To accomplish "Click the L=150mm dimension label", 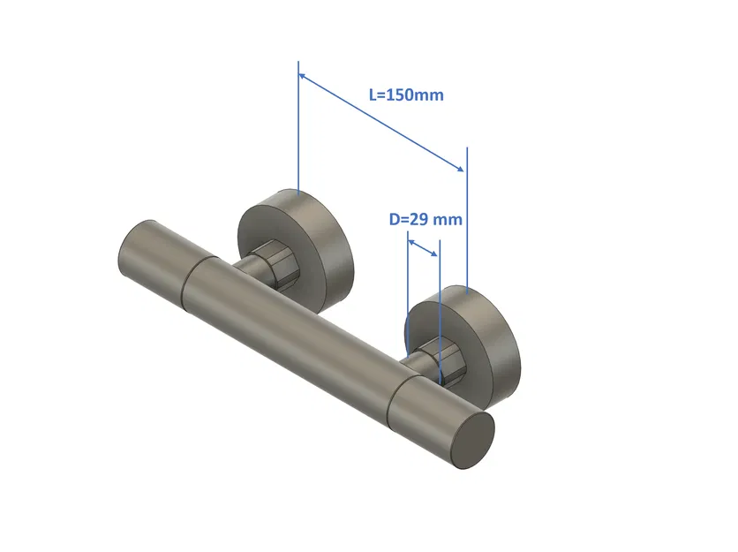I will (x=406, y=95).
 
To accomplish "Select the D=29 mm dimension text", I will (x=425, y=219).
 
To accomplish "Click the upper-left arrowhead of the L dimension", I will (x=304, y=77).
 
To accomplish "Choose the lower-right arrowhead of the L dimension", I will (x=460, y=168).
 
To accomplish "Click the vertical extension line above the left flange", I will (x=299, y=132).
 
